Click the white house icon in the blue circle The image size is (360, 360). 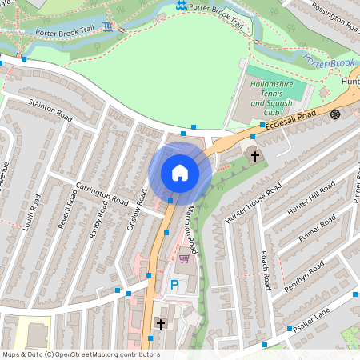click(180, 173)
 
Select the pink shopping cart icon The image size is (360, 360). click(185, 258)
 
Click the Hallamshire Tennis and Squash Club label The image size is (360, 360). click(270, 93)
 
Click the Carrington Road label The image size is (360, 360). click(102, 193)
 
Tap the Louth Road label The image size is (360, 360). click(34, 214)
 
